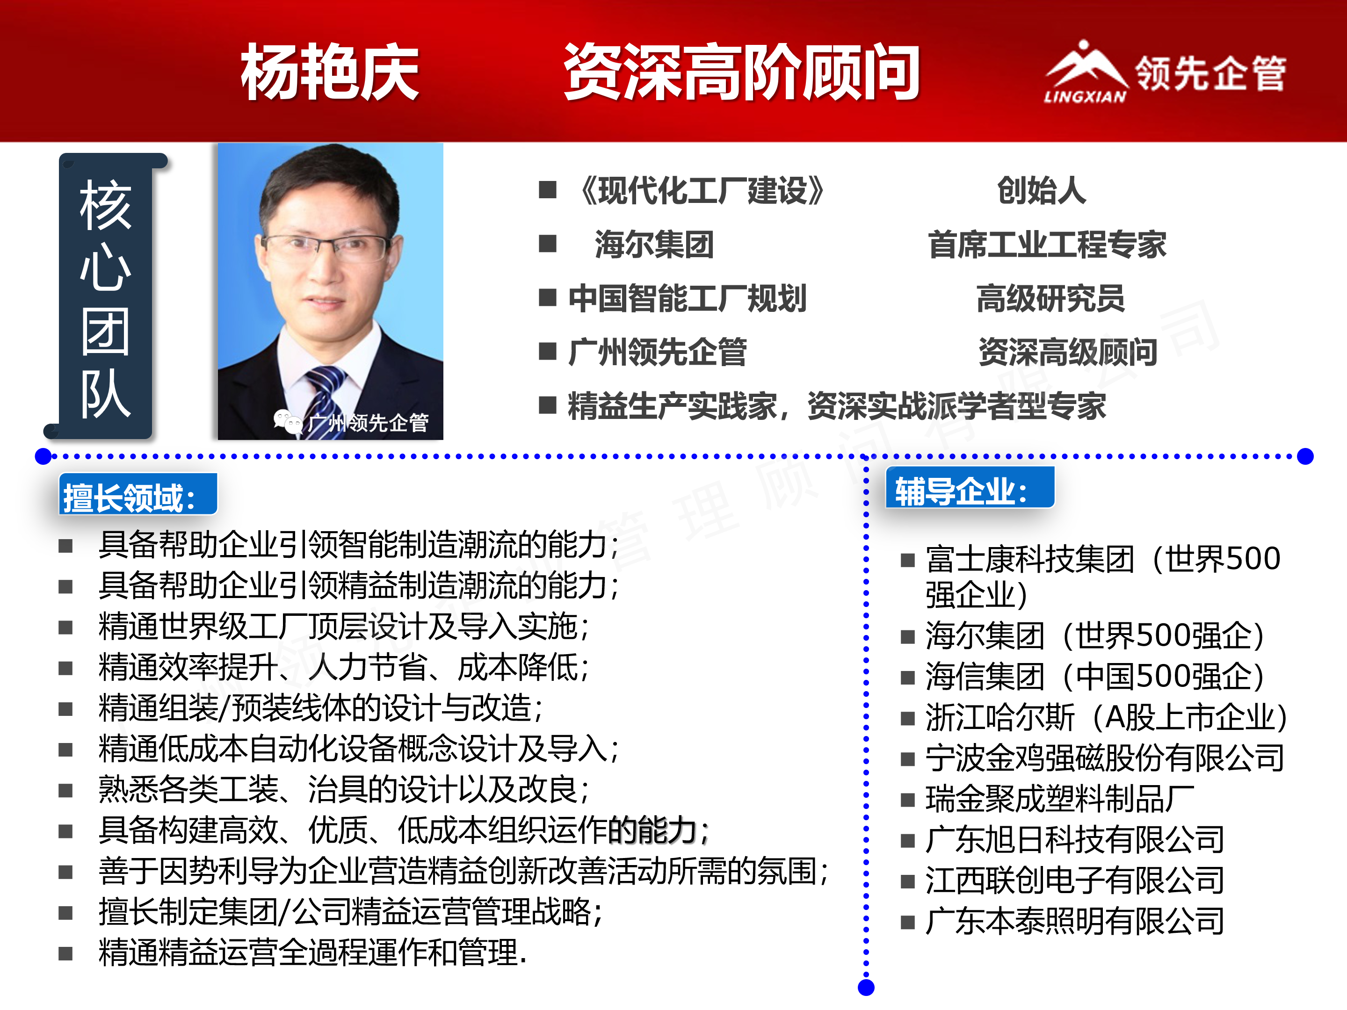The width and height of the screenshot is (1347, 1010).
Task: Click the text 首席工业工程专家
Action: coord(1047,245)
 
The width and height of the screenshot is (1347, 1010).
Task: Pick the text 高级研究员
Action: coord(1050,298)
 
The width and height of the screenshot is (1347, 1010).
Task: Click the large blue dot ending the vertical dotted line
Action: coord(866,988)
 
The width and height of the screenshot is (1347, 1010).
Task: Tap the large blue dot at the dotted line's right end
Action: coord(1305,456)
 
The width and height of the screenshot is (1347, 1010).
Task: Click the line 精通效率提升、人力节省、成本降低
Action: coord(343,668)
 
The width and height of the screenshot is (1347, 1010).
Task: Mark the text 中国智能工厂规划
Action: coord(688,298)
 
